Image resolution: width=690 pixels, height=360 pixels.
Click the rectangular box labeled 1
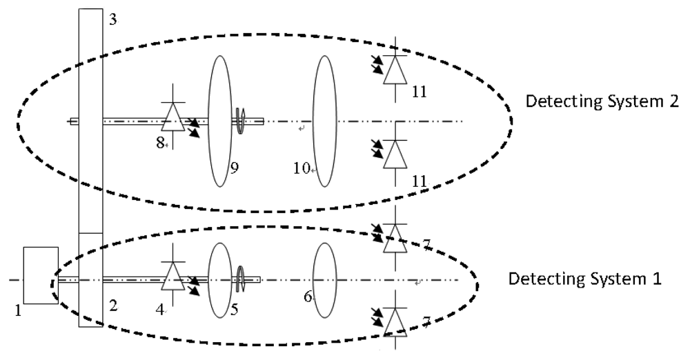[x=40, y=275]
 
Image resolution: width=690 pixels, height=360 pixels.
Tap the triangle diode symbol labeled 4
[x=172, y=278]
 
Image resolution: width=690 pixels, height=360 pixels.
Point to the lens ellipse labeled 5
[x=220, y=280]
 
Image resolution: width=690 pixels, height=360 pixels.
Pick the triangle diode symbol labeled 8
[x=172, y=119]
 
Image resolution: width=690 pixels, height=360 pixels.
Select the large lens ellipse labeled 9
[x=220, y=121]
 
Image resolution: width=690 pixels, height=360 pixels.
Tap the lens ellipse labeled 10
[x=324, y=121]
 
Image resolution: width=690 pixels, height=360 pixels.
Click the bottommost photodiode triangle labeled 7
[x=394, y=321]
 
